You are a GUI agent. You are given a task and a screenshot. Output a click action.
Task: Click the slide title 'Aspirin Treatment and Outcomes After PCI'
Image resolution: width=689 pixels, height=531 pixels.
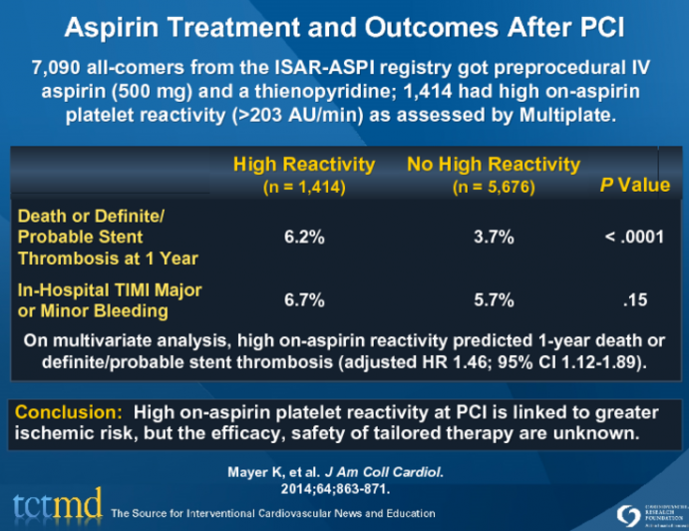click(x=344, y=28)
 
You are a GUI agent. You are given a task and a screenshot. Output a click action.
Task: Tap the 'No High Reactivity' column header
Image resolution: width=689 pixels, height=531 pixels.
click(x=493, y=165)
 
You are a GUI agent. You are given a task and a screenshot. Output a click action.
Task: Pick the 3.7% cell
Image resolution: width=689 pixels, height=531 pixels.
click(x=494, y=238)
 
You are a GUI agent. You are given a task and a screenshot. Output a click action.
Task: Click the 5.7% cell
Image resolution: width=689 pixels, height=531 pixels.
click(x=494, y=299)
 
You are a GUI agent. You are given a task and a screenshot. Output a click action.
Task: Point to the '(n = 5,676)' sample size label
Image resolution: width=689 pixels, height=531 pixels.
click(x=493, y=186)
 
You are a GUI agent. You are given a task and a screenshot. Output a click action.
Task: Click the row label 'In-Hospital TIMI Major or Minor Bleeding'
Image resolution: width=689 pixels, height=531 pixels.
click(x=110, y=299)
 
